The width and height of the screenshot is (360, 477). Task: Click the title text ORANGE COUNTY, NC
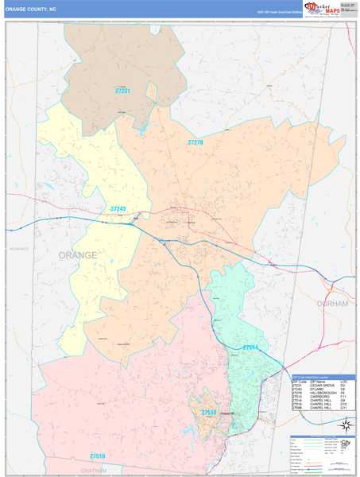[x=31, y=9]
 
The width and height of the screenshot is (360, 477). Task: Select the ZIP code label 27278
[x=195, y=142]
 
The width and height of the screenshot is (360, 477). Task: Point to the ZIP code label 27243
[x=118, y=209]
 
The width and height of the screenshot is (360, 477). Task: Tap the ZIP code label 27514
[x=251, y=347]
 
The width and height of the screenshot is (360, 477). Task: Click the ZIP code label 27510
[x=208, y=413]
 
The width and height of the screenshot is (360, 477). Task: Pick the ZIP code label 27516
[x=97, y=456]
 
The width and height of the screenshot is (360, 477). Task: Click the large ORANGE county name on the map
[x=78, y=255]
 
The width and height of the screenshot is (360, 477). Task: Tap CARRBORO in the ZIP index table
[x=316, y=397]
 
